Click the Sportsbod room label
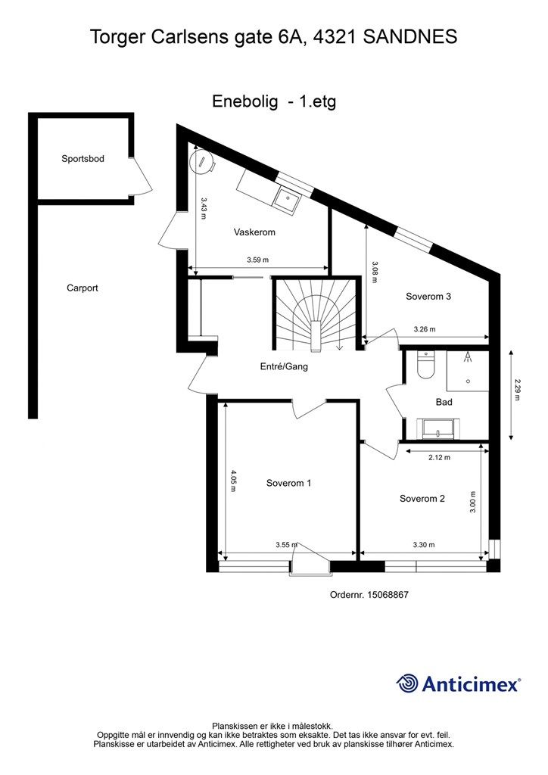point(83,159)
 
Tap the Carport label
point(83,288)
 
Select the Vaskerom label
point(254,232)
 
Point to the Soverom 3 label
point(428,296)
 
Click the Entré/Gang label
point(284,366)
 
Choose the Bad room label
point(444,402)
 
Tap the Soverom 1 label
point(288,483)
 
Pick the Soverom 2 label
point(422,499)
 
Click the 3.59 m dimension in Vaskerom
point(258,260)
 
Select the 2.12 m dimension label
point(439,457)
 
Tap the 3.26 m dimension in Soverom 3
point(425,329)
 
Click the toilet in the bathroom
point(425,366)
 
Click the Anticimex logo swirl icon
point(407,683)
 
